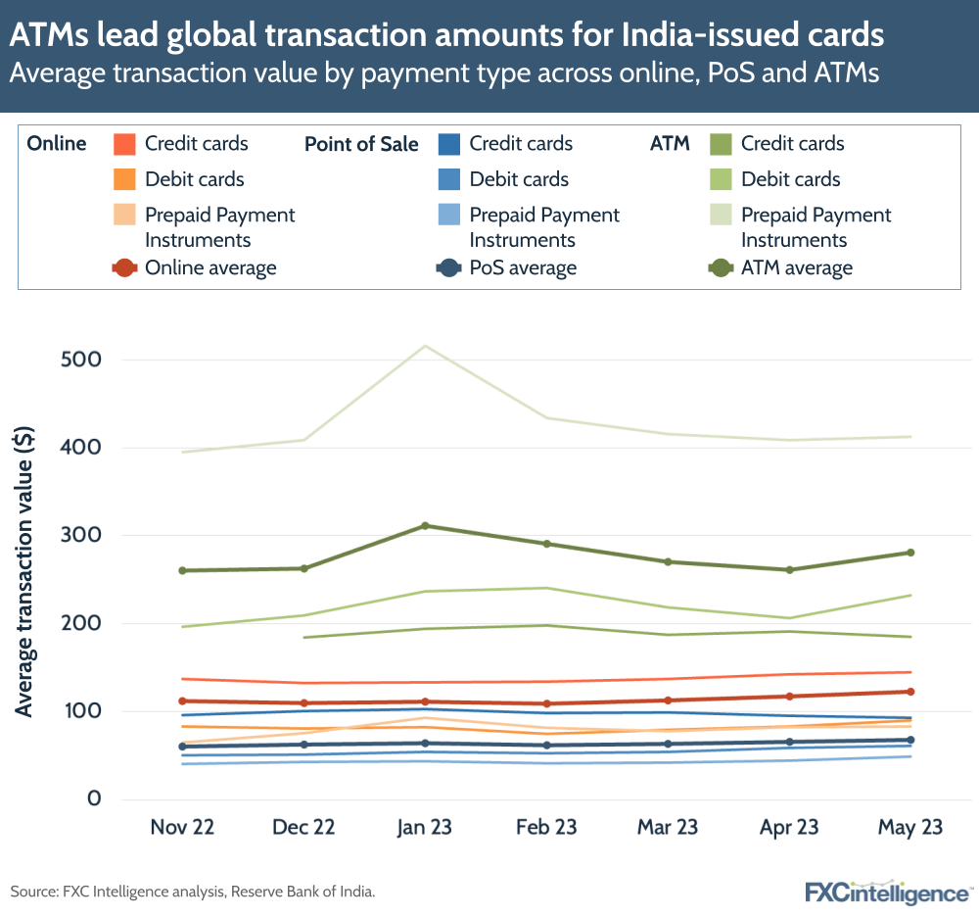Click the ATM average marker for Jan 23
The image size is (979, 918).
pos(425,526)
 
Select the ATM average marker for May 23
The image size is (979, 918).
pos(910,553)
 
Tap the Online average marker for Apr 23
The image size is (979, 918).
pos(789,697)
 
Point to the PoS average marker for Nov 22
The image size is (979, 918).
pos(182,747)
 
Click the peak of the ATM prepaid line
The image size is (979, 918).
pos(425,346)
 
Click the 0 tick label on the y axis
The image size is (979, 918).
pos(94,798)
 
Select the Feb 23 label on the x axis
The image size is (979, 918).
pos(546,828)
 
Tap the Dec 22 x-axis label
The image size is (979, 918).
pos(303,828)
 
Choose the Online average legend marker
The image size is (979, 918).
pos(124,268)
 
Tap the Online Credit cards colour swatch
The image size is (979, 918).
pos(124,144)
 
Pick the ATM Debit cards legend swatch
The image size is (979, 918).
pos(720,180)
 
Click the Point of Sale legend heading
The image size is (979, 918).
pos(361,145)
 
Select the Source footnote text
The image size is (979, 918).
pos(193,892)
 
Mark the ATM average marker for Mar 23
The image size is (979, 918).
pos(668,561)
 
